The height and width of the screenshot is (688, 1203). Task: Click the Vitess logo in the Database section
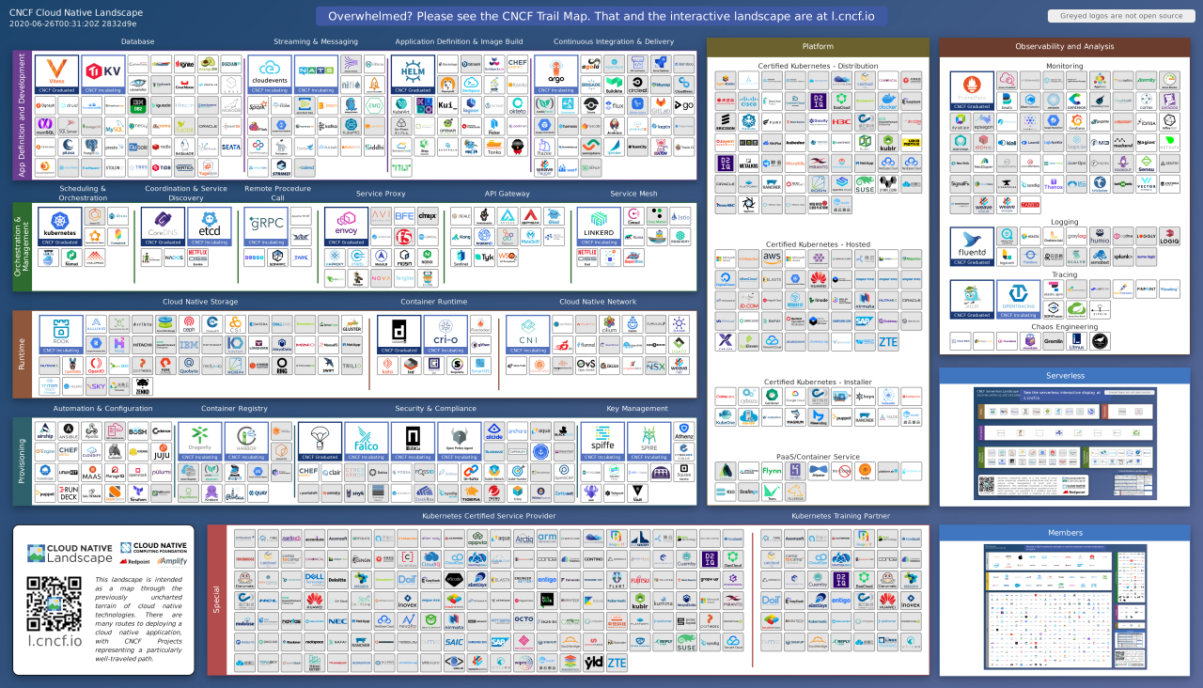click(56, 73)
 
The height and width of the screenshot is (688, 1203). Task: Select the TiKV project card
click(103, 73)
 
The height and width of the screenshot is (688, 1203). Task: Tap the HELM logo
click(413, 73)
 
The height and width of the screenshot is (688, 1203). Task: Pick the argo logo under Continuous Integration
click(555, 73)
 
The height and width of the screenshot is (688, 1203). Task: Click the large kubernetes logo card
click(59, 227)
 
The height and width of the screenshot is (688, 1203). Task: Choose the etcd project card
click(209, 227)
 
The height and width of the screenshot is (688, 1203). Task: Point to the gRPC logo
click(265, 227)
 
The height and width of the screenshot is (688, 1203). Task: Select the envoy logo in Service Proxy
click(346, 227)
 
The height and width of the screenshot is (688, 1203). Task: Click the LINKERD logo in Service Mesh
click(599, 227)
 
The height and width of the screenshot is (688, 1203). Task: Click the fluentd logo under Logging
click(972, 246)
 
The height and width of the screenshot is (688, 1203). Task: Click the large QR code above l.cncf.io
click(54, 602)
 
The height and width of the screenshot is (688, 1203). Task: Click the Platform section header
click(817, 47)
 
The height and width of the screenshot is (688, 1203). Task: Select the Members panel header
click(1065, 533)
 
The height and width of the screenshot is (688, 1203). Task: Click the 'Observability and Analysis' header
click(1065, 47)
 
